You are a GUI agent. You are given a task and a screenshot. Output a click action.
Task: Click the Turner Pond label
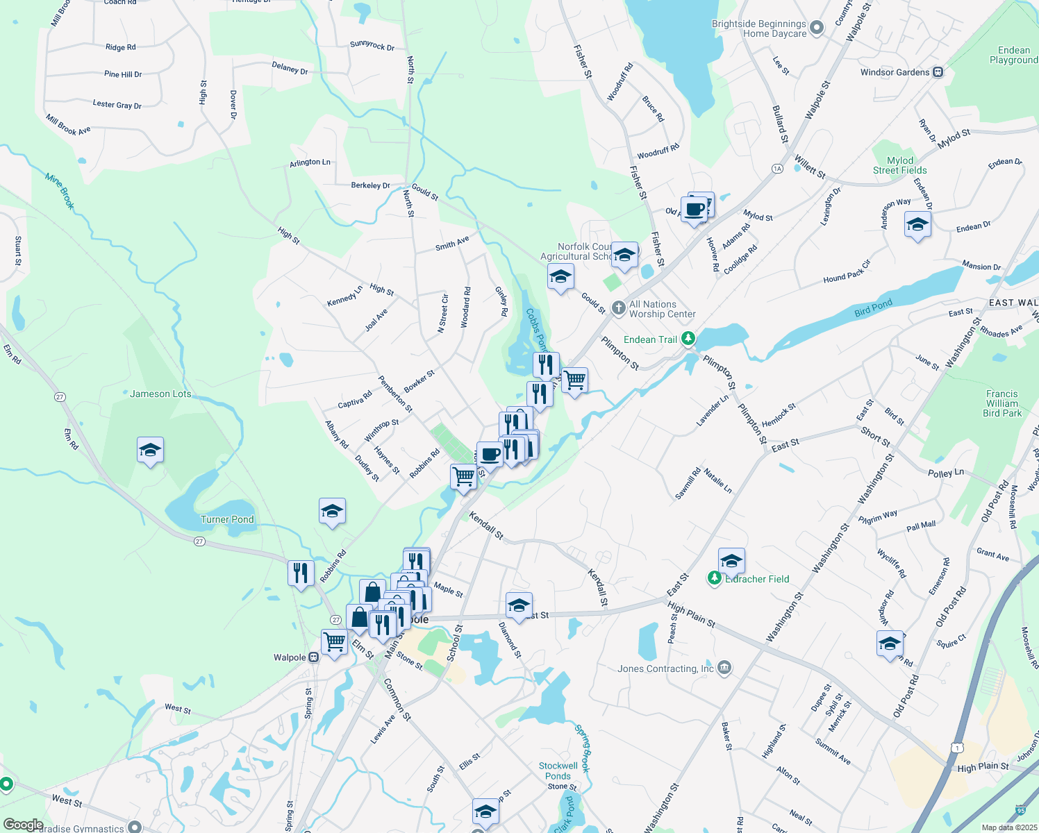[x=227, y=519]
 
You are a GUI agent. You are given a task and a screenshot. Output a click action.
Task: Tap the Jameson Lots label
[x=160, y=394]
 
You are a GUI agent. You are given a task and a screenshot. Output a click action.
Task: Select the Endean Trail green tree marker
[x=688, y=339]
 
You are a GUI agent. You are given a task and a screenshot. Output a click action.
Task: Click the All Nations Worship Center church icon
[x=619, y=308]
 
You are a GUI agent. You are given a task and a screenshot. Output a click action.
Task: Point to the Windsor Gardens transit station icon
[x=938, y=72]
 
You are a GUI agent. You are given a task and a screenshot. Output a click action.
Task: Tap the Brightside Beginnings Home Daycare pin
[x=817, y=28]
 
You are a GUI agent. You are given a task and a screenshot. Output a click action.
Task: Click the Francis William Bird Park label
[x=1002, y=403]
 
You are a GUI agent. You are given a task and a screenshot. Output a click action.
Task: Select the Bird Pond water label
[x=873, y=308]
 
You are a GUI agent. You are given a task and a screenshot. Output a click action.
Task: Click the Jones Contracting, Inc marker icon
[x=724, y=668]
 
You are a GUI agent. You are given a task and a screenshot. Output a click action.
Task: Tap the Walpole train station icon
[x=314, y=657]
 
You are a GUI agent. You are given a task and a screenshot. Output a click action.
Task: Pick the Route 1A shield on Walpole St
[x=777, y=169]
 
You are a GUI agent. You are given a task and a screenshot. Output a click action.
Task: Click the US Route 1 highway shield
[x=958, y=747]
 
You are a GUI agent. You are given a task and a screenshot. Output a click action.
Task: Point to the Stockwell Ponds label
[x=558, y=771]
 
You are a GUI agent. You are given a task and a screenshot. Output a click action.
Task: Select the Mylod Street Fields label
[x=900, y=165]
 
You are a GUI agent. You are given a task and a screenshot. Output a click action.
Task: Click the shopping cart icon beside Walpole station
[x=334, y=641]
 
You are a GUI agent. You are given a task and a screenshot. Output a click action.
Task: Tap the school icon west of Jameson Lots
[x=151, y=451]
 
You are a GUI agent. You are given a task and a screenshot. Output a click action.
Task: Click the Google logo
[x=23, y=825]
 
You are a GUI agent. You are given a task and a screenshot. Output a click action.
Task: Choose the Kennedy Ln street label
[x=345, y=296]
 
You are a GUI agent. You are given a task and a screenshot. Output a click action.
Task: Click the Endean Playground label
[x=1014, y=55]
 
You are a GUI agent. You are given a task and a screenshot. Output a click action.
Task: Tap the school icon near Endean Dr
[x=917, y=225]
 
